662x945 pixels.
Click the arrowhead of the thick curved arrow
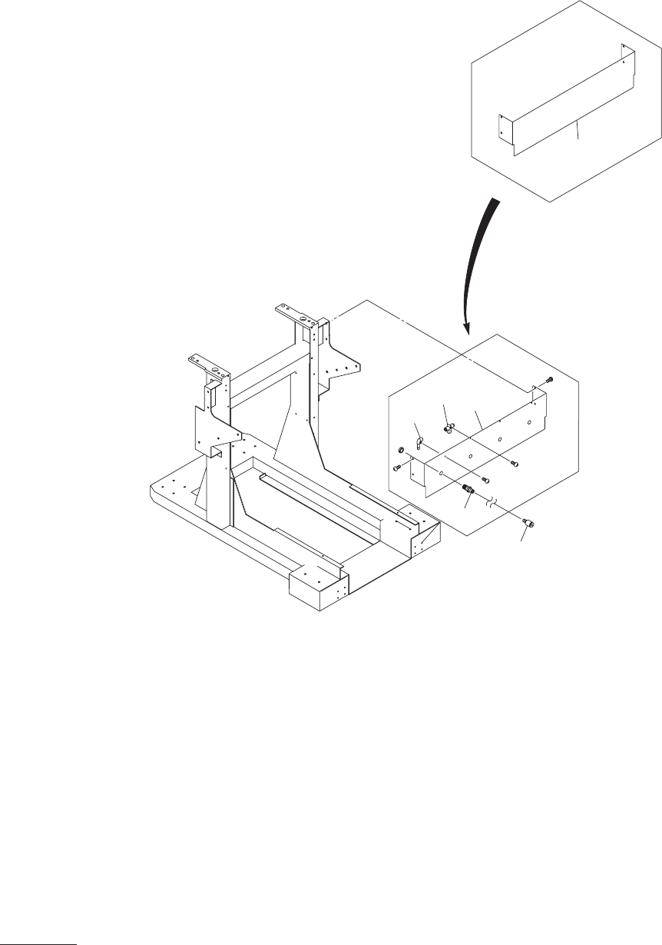465,328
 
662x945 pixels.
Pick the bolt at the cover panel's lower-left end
396,467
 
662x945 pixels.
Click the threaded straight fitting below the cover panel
468,489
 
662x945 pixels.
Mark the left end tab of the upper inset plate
502,130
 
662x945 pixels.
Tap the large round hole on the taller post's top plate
303,318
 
